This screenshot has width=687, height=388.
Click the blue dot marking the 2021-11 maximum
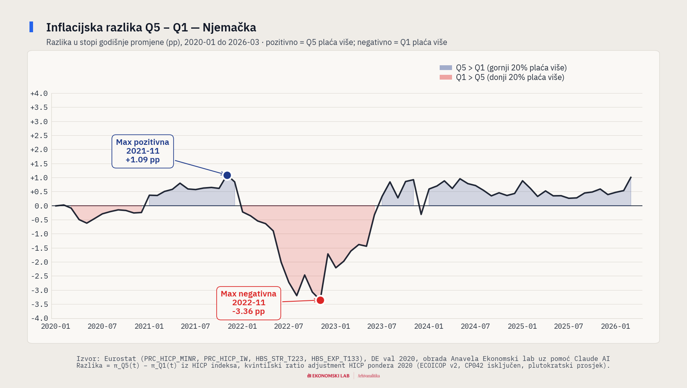pyautogui.click(x=227, y=175)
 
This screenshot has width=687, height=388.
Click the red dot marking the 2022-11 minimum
pyautogui.click(x=320, y=300)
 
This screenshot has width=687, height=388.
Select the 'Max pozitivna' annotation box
pyautogui.click(x=143, y=151)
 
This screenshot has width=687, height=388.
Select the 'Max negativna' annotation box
pyautogui.click(x=249, y=303)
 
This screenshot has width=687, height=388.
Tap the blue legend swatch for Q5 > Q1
pyautogui.click(x=446, y=68)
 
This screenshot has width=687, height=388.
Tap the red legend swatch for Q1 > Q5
pyautogui.click(x=446, y=77)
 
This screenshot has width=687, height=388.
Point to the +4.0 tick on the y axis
pyautogui.click(x=39, y=94)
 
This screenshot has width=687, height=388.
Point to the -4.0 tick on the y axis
pyautogui.click(x=39, y=318)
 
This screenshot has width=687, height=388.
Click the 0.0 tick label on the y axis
pyautogui.click(x=41, y=206)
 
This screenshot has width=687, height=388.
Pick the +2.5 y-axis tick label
pyautogui.click(x=39, y=136)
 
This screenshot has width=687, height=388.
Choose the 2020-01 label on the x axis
pyautogui.click(x=56, y=326)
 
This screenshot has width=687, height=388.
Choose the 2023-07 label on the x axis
pyautogui.click(x=382, y=326)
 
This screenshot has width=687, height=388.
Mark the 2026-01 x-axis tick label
pyautogui.click(x=615, y=326)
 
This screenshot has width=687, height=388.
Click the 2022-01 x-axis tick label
pyautogui.click(x=242, y=326)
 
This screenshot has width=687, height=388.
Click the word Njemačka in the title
pyautogui.click(x=229, y=27)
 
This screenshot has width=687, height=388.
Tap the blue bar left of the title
pyautogui.click(x=31, y=27)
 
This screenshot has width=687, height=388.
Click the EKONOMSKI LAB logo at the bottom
pyautogui.click(x=329, y=376)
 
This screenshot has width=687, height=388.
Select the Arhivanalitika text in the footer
pyautogui.click(x=369, y=376)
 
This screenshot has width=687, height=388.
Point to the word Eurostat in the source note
pyautogui.click(x=120, y=359)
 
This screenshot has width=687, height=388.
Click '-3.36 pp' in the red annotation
pyautogui.click(x=249, y=312)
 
